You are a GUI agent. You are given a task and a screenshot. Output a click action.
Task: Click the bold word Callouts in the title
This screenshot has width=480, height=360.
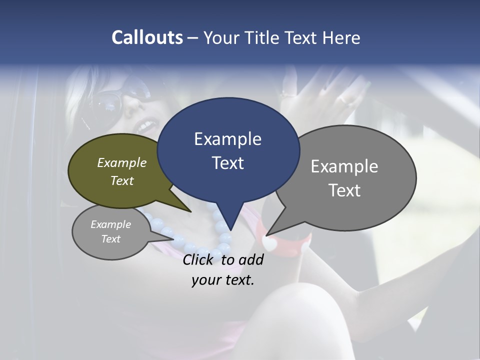point(147,37)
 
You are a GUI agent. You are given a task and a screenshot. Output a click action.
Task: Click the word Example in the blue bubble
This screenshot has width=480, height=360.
point(227,139)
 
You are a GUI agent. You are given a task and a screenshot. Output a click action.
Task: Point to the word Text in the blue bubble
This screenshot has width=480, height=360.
point(228,163)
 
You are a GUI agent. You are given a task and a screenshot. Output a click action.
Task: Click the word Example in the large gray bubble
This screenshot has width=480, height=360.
point(344,166)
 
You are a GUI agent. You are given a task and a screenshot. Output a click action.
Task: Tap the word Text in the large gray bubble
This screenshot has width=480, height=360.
point(345,190)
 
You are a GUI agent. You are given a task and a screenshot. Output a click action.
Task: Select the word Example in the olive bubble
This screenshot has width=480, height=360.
point(122,163)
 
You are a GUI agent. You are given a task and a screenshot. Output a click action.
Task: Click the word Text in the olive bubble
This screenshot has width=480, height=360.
point(122,180)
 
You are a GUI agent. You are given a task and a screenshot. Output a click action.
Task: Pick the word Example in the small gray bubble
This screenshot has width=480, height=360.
point(111,224)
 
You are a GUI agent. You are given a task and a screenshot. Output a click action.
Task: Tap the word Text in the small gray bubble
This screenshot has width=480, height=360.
point(111,239)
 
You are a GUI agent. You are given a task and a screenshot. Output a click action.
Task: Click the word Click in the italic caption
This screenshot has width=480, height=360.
point(200,259)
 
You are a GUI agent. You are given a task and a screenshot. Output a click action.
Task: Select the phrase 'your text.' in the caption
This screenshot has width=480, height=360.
point(223,280)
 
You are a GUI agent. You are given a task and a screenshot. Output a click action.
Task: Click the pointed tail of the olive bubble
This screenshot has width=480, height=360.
point(190,211)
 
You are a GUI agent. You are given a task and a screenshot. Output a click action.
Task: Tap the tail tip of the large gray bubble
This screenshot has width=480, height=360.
point(267,235)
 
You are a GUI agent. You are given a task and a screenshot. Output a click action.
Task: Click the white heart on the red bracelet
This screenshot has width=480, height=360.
point(269,244)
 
